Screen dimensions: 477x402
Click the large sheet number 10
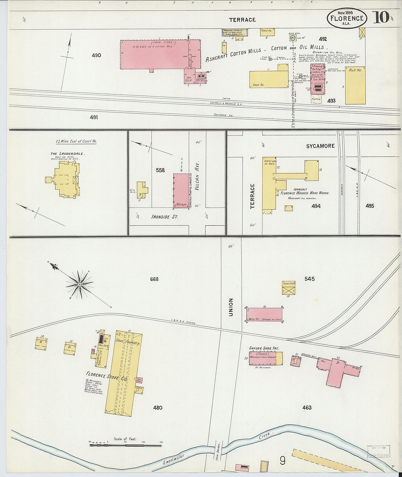pyautogui.click(x=381, y=17)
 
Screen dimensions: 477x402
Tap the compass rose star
pyautogui.click(x=79, y=284)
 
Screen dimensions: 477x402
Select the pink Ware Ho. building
pyautogui.click(x=265, y=314)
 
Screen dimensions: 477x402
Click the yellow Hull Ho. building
pyautogui.click(x=355, y=86)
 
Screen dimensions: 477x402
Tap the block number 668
pyautogui.click(x=154, y=279)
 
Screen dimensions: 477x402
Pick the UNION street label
pyautogui.click(x=231, y=307)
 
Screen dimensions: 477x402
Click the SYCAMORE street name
pyautogui.click(x=320, y=146)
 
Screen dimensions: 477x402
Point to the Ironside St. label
pyautogui.click(x=165, y=217)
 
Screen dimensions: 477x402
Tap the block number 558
pyautogui.click(x=160, y=170)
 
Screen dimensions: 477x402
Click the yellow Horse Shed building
pyautogui.click(x=289, y=288)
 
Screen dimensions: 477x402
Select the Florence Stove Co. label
pyautogui.click(x=107, y=376)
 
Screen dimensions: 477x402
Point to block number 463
pyautogui.click(x=307, y=408)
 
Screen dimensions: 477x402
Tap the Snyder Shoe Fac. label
pyautogui.click(x=264, y=348)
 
